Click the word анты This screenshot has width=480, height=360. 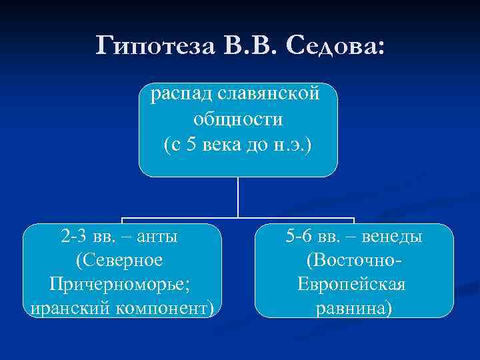160,236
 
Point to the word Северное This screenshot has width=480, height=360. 121,260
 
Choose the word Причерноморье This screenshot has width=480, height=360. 121,285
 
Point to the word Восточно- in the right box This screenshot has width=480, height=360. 353,260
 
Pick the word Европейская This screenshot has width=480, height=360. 352,285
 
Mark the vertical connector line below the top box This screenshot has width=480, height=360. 238,197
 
